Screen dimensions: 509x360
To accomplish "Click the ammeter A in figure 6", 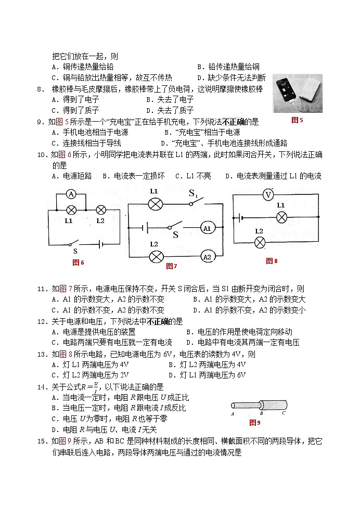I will (x=72, y=194).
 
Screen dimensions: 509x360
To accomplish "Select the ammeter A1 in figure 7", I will (x=207, y=228).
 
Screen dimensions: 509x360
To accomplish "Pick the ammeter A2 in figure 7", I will (x=207, y=256).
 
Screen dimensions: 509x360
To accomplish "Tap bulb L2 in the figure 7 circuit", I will (x=155, y=256).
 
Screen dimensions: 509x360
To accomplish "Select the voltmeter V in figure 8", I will (x=268, y=195).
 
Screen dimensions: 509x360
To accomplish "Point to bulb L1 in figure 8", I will (x=281, y=217).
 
